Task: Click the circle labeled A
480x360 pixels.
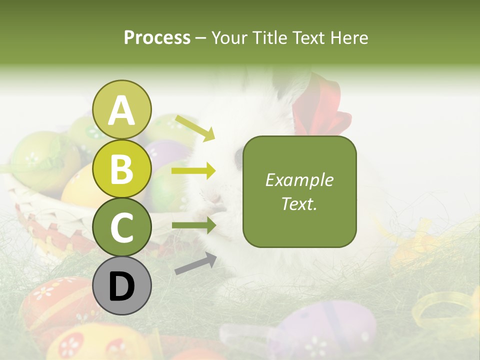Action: click(122, 110)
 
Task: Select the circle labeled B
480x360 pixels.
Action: click(122, 169)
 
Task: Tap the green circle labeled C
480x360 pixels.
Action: click(122, 227)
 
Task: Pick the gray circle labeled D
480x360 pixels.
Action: click(122, 286)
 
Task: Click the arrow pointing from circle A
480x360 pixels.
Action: click(194, 127)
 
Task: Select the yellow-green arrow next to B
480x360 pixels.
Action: click(193, 171)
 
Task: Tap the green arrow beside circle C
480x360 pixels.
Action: click(193, 225)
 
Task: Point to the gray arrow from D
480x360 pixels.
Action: click(195, 263)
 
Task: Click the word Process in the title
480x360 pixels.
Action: click(157, 37)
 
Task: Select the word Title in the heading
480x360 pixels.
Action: click(268, 37)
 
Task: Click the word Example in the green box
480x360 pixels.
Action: click(299, 180)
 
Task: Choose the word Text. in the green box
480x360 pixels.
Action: click(299, 203)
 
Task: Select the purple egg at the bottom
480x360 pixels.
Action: click(325, 330)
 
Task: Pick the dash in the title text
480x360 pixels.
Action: click(201, 38)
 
